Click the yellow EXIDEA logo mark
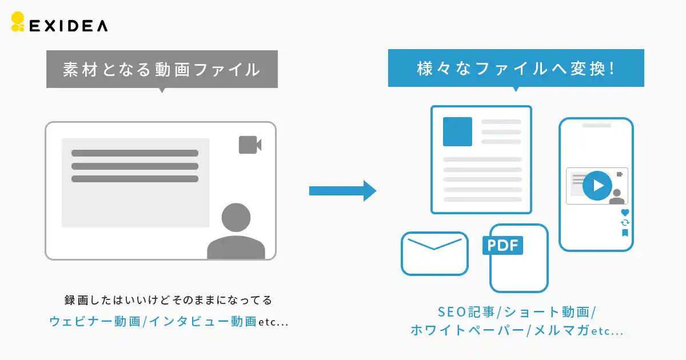coord(18,22)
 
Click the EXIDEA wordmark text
coord(68,26)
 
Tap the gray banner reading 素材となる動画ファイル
coord(162,69)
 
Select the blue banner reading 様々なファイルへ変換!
coord(516,68)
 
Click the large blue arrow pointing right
coord(342,191)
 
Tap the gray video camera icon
coord(250,145)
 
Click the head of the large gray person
coord(236,217)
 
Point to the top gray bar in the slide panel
coord(135,153)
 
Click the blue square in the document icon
coord(457,131)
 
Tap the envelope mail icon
coord(434,254)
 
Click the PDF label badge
coord(502,245)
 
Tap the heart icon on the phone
coord(625,212)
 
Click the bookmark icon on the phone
coord(625,233)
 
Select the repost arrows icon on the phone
coord(625,222)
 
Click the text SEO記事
coord(466,312)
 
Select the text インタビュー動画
coord(203,321)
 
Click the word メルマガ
coord(561,331)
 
